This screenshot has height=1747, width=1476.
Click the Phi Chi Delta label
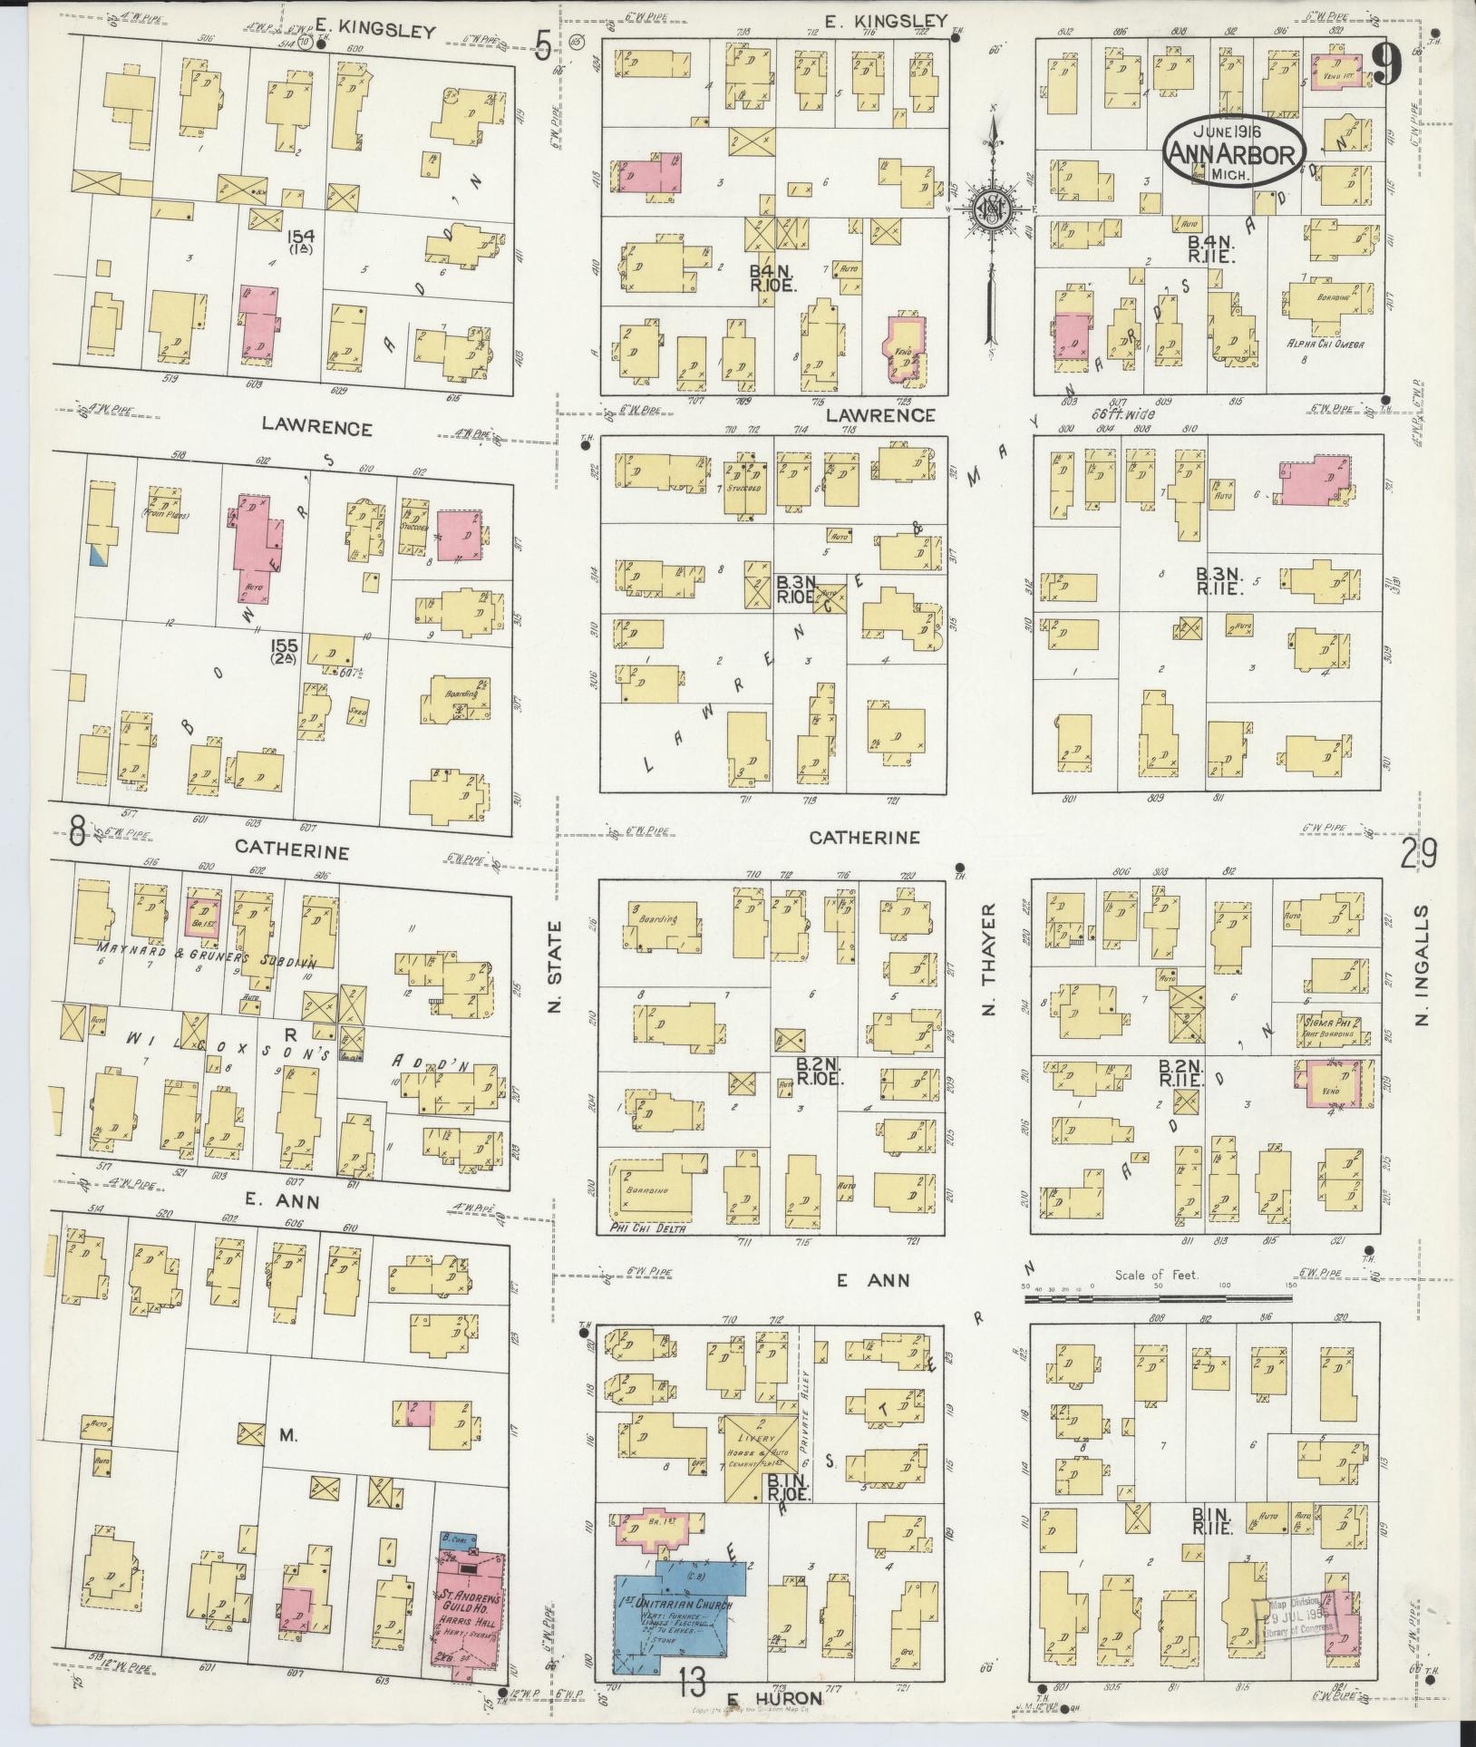click(646, 1228)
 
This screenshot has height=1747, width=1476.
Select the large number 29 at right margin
click(1418, 853)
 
